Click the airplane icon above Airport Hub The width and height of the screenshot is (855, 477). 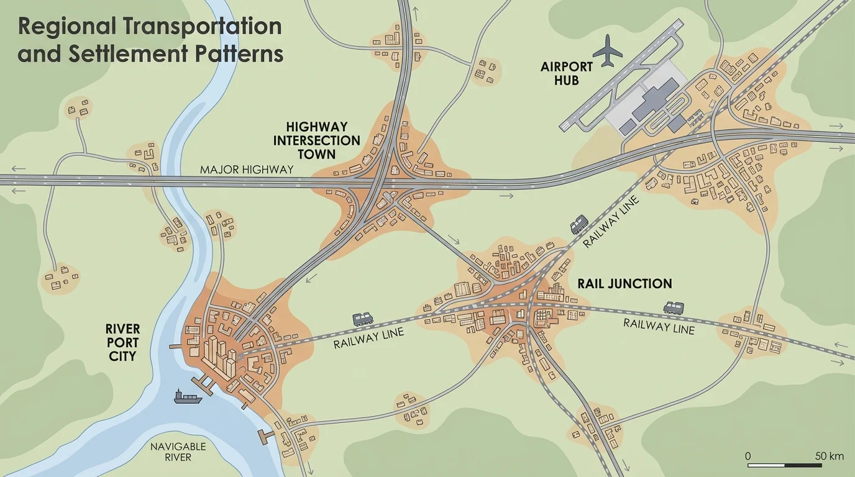[x=607, y=51]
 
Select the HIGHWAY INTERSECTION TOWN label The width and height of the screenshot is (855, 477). [x=317, y=140]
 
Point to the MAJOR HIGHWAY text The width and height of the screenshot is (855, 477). [x=246, y=170]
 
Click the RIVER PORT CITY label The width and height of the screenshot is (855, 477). [x=122, y=342]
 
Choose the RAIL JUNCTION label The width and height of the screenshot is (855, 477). [x=624, y=284]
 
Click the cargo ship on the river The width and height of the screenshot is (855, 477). [x=188, y=396]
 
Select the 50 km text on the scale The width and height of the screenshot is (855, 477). [x=828, y=457]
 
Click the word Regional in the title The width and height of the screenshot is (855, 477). [x=67, y=27]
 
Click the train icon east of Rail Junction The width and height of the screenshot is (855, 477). [x=674, y=307]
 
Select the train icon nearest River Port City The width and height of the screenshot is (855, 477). [x=363, y=319]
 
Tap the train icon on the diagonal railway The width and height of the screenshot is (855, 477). [x=579, y=224]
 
